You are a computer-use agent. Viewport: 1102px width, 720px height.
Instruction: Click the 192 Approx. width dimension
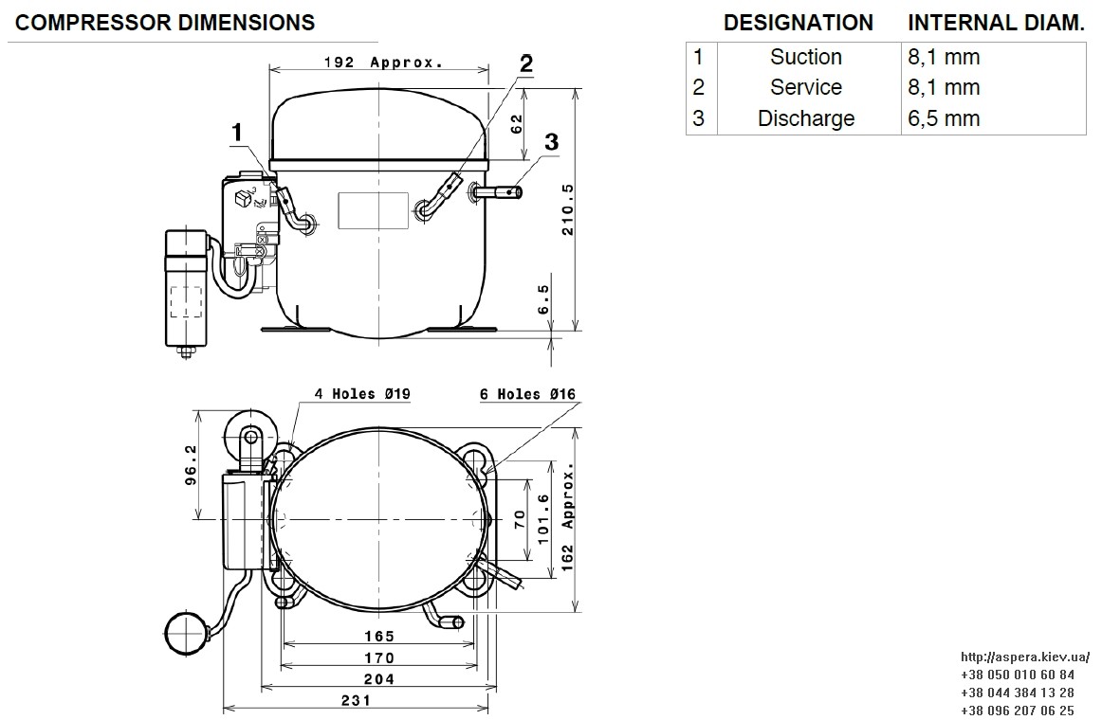(x=384, y=63)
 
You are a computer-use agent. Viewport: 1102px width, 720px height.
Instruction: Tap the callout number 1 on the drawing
(x=237, y=132)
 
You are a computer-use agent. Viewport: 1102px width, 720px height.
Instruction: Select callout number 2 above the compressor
(x=525, y=63)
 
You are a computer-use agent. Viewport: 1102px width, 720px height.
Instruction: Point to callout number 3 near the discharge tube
(x=552, y=142)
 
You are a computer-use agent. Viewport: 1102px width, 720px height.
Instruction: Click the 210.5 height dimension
(x=568, y=209)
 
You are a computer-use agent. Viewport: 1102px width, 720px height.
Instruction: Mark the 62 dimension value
(x=517, y=124)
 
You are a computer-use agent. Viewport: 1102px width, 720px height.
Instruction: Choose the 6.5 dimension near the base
(x=544, y=299)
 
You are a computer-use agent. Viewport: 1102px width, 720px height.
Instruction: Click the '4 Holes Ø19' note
(x=362, y=394)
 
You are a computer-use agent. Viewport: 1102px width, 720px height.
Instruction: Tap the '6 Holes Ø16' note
(x=528, y=394)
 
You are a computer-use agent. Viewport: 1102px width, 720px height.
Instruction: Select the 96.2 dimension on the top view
(x=191, y=464)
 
